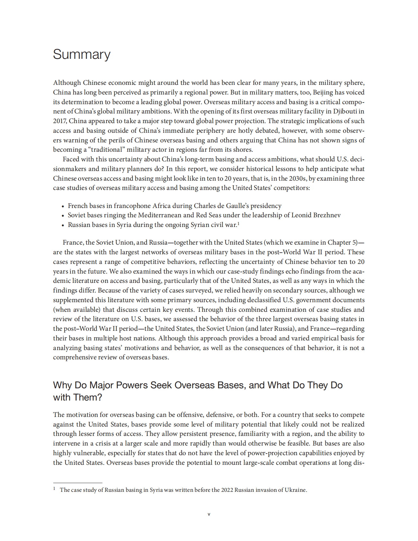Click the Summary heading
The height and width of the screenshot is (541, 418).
[82, 54]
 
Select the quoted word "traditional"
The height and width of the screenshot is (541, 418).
[106, 150]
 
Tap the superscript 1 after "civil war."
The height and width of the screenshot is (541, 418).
[238, 223]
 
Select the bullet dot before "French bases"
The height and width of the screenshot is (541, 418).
[63, 206]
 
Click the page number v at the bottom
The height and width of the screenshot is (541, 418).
[209, 514]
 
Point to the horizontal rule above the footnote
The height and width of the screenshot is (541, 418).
[77, 483]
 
